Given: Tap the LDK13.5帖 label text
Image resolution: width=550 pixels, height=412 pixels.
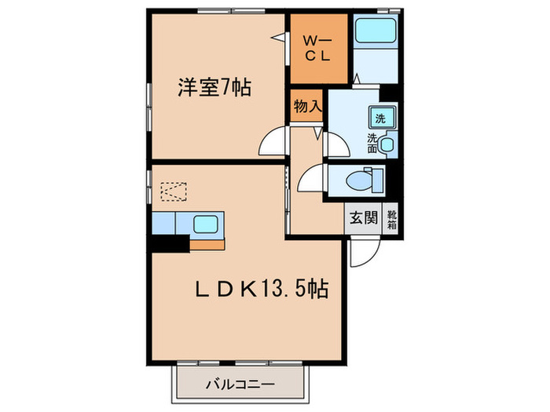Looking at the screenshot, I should pos(262,290).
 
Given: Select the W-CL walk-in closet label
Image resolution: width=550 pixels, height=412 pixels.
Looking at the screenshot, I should pos(317,49).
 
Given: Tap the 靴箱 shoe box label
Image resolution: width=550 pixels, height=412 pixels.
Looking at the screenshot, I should pos(390,220).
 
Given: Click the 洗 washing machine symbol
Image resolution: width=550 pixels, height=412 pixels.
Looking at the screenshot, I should pos(380,119).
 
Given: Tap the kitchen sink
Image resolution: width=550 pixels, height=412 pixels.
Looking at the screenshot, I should pos(207,224).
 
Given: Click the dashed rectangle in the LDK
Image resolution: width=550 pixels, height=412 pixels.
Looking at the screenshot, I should pos(174,191).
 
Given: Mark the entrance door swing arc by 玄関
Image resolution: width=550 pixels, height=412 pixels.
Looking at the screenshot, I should pos(365,253).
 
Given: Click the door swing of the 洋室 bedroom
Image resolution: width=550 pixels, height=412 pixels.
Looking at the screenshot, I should pos(272,144).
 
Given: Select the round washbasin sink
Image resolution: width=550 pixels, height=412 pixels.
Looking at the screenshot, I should pos(387,144).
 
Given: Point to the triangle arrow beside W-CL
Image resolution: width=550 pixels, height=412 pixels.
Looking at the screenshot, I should pos(277,36).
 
